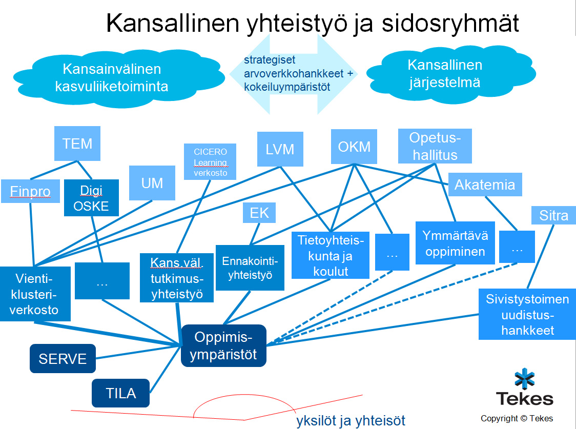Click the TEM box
[x=77, y=144]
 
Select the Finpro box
[x=31, y=191]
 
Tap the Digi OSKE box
[x=91, y=198]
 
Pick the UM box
[x=152, y=183]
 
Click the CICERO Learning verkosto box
[x=210, y=162]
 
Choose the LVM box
[x=280, y=149]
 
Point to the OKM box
[x=354, y=147]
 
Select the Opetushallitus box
[x=435, y=146]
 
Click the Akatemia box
[x=485, y=185]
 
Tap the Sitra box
[x=553, y=215]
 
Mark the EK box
[x=259, y=213]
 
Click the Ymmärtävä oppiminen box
[x=455, y=243]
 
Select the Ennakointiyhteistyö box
[x=250, y=268]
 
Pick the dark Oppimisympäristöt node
[x=223, y=346]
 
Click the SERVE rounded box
[x=63, y=358]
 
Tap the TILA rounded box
[x=120, y=393]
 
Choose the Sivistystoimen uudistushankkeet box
[x=527, y=314]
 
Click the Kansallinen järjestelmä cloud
[x=444, y=73]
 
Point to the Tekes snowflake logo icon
[x=524, y=380]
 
